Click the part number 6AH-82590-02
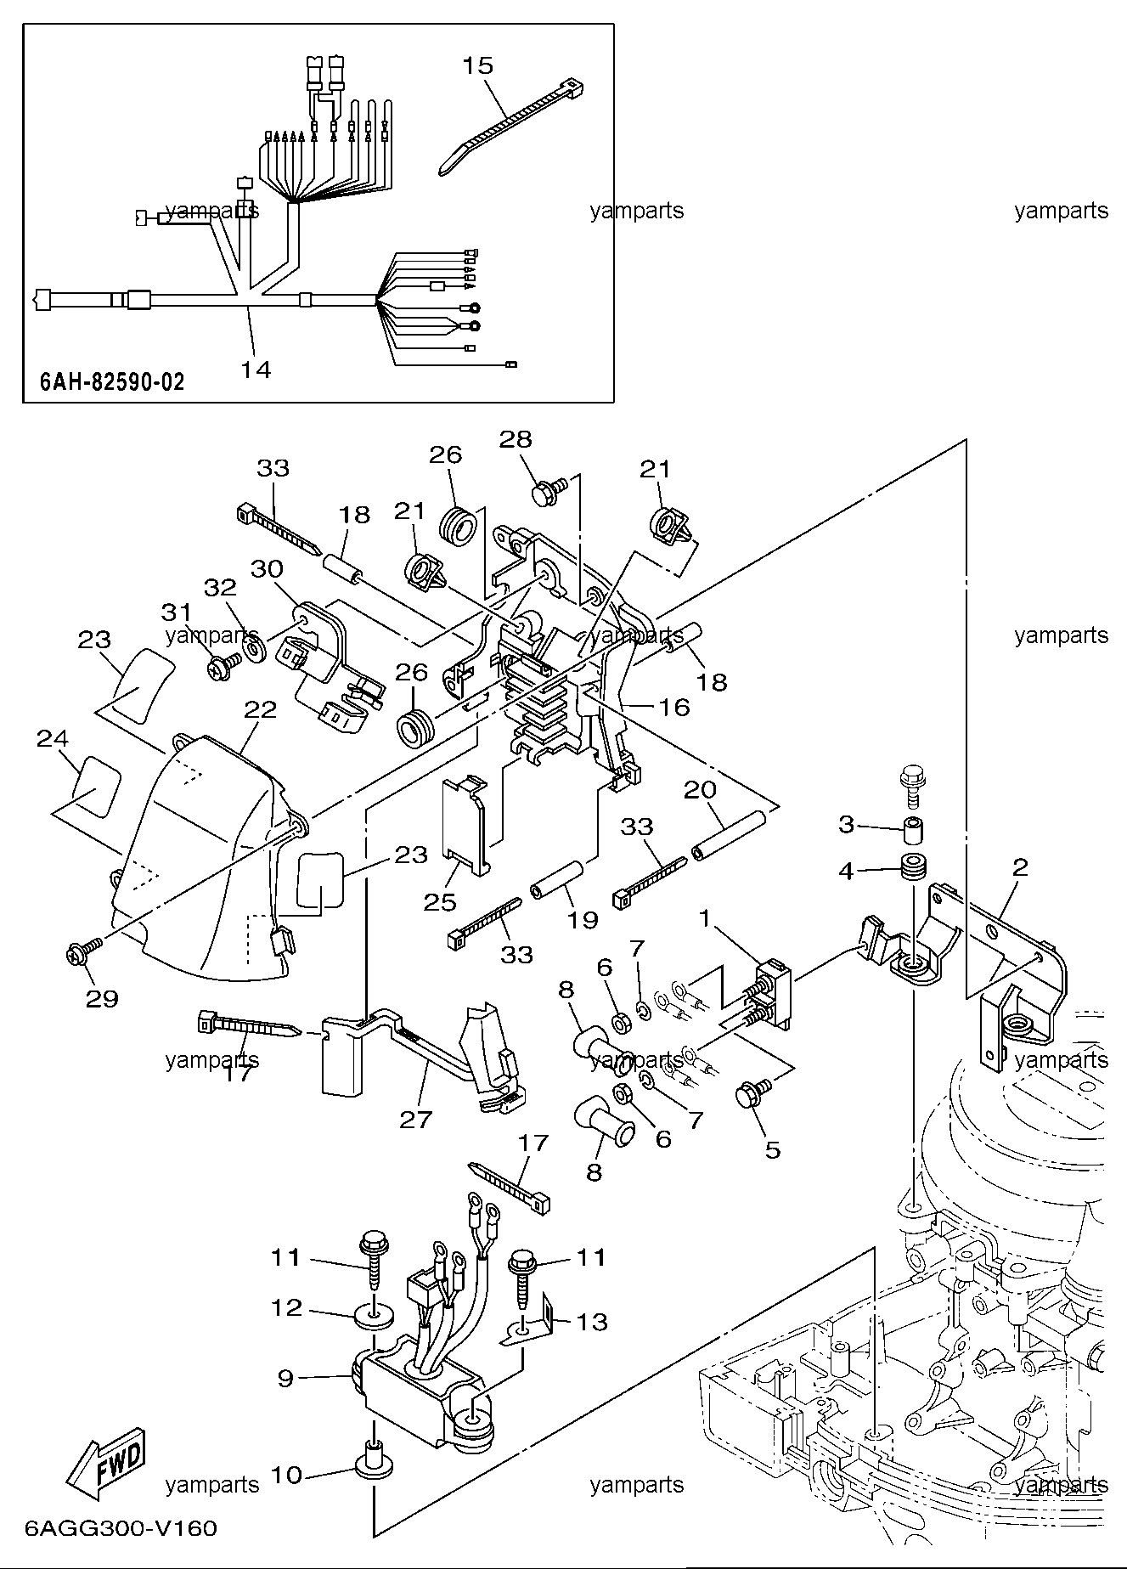coord(111,381)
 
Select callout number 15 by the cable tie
coord(478,66)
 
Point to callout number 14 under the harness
coord(256,369)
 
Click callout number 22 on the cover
coord(260,710)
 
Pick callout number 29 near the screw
coord(102,999)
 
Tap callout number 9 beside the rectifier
coord(285,1379)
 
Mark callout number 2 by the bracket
coord(1020,867)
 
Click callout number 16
coord(674,707)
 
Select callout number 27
coord(416,1119)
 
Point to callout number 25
coord(440,901)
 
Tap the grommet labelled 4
coord(912,870)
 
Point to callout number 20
coord(701,791)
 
